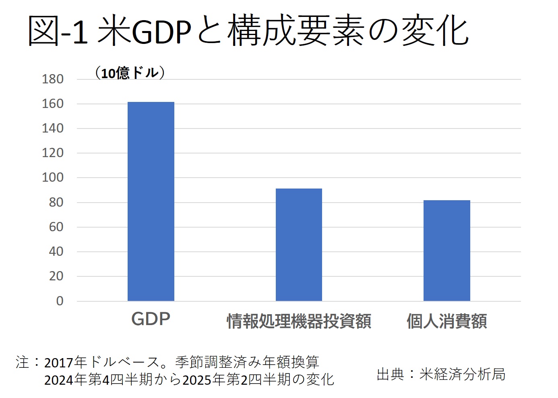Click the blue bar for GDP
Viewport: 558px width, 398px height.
click(151, 201)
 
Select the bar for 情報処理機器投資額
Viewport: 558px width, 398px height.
click(299, 245)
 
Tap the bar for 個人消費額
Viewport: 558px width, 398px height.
click(446, 251)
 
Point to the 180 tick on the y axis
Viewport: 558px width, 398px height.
click(53, 79)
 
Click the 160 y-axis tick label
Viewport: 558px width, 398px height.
click(53, 104)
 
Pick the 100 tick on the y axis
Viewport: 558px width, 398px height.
click(53, 177)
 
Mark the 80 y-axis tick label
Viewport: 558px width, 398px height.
click(56, 202)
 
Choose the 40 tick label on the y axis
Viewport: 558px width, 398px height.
click(56, 251)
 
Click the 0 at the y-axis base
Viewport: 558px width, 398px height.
click(60, 301)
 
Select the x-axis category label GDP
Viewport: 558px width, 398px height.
click(151, 319)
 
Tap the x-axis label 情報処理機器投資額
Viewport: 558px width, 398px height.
click(299, 321)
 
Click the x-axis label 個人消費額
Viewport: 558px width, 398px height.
click(446, 321)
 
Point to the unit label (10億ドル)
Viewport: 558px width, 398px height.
click(130, 73)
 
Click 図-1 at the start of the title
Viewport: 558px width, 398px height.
click(58, 31)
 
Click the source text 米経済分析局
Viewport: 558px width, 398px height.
click(462, 374)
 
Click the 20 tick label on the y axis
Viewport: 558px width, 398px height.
click(56, 276)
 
